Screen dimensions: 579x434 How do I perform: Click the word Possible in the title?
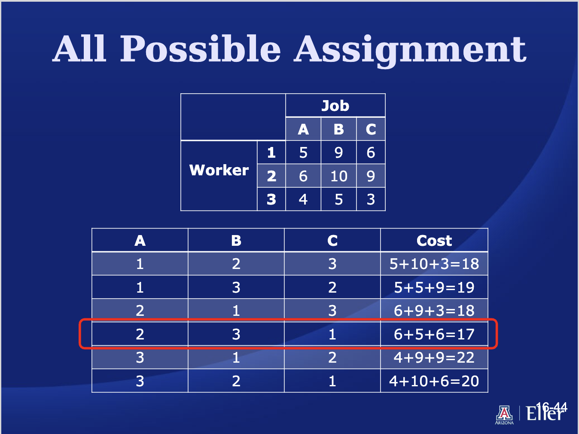[x=201, y=49]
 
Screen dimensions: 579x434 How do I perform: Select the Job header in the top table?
[x=335, y=106]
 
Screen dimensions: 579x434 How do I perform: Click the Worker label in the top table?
[x=219, y=170]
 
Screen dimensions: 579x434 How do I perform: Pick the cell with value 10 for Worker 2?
[x=339, y=176]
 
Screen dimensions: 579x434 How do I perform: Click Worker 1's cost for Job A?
[x=303, y=153]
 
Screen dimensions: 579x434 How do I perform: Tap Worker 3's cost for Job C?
[x=371, y=199]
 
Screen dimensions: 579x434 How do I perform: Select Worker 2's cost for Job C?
[x=371, y=176]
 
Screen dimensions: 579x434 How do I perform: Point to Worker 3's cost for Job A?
[x=303, y=199]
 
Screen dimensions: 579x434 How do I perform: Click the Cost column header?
[x=434, y=240]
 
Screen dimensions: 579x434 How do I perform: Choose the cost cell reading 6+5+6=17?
[x=434, y=334]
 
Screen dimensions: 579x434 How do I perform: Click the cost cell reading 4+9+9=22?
[x=434, y=358]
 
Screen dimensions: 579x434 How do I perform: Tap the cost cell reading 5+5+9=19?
[x=434, y=287]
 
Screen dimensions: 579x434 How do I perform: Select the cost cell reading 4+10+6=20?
[x=434, y=381]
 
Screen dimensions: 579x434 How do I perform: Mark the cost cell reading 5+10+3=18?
[x=434, y=263]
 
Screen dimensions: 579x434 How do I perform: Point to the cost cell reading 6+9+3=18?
[x=434, y=311]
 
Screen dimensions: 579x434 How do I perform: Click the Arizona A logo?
[x=504, y=415]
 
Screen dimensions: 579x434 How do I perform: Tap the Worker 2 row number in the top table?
[x=271, y=176]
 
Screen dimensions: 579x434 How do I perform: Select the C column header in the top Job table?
[x=371, y=129]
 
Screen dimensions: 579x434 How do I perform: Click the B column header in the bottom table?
[x=236, y=240]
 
